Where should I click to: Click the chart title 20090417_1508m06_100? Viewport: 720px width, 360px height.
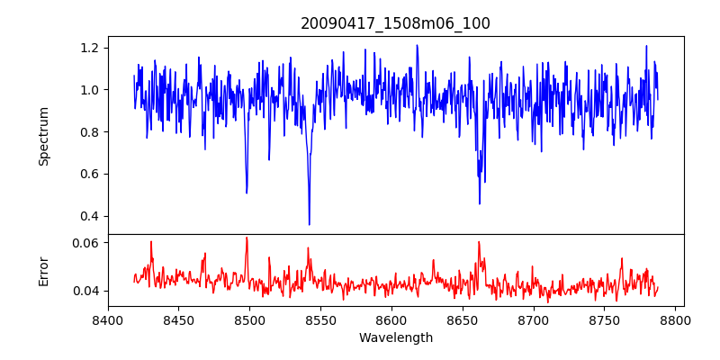pyautogui.click(x=395, y=23)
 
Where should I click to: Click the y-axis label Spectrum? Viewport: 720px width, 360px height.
pyautogui.click(x=44, y=136)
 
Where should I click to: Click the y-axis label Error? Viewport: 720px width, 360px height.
pyautogui.click(x=44, y=270)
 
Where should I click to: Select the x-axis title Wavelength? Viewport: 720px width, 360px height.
pyautogui.click(x=395, y=338)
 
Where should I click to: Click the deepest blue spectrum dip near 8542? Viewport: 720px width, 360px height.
pyautogui.click(x=309, y=224)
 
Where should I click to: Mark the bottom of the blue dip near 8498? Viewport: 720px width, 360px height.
pyautogui.click(x=247, y=193)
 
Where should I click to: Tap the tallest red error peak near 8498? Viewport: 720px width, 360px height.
pyautogui.click(x=247, y=238)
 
